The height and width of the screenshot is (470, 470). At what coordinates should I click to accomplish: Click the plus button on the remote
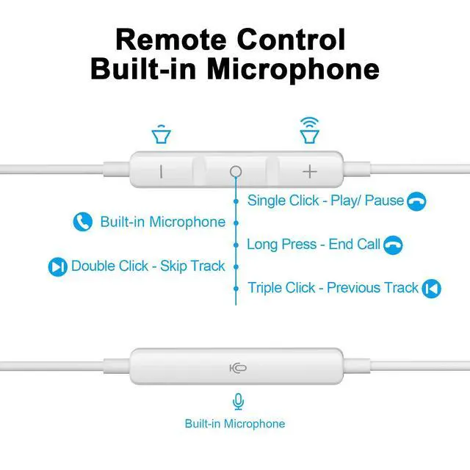click(x=310, y=171)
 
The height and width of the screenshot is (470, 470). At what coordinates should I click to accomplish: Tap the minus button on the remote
click(x=161, y=171)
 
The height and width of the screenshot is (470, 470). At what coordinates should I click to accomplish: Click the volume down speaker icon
click(x=161, y=135)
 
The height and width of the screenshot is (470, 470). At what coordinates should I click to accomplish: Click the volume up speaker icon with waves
click(x=310, y=130)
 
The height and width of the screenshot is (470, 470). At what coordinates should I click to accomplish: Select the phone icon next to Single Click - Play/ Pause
click(x=417, y=201)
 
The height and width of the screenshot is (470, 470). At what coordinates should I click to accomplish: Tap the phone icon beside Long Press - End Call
click(x=394, y=245)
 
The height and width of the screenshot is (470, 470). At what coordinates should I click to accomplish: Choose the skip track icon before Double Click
click(x=57, y=267)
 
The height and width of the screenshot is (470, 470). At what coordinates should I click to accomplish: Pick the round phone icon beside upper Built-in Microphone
click(x=83, y=222)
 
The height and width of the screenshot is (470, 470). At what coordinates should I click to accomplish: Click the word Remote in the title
click(x=169, y=39)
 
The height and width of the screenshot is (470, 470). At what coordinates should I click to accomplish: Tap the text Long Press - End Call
click(x=314, y=245)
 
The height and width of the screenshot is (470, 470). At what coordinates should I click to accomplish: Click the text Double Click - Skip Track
click(x=148, y=266)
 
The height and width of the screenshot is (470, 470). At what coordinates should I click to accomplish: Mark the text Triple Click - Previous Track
click(x=333, y=288)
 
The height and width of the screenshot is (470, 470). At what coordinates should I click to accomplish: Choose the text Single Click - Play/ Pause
click(x=326, y=200)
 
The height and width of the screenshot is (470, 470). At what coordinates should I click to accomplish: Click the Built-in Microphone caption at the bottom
click(x=235, y=424)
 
